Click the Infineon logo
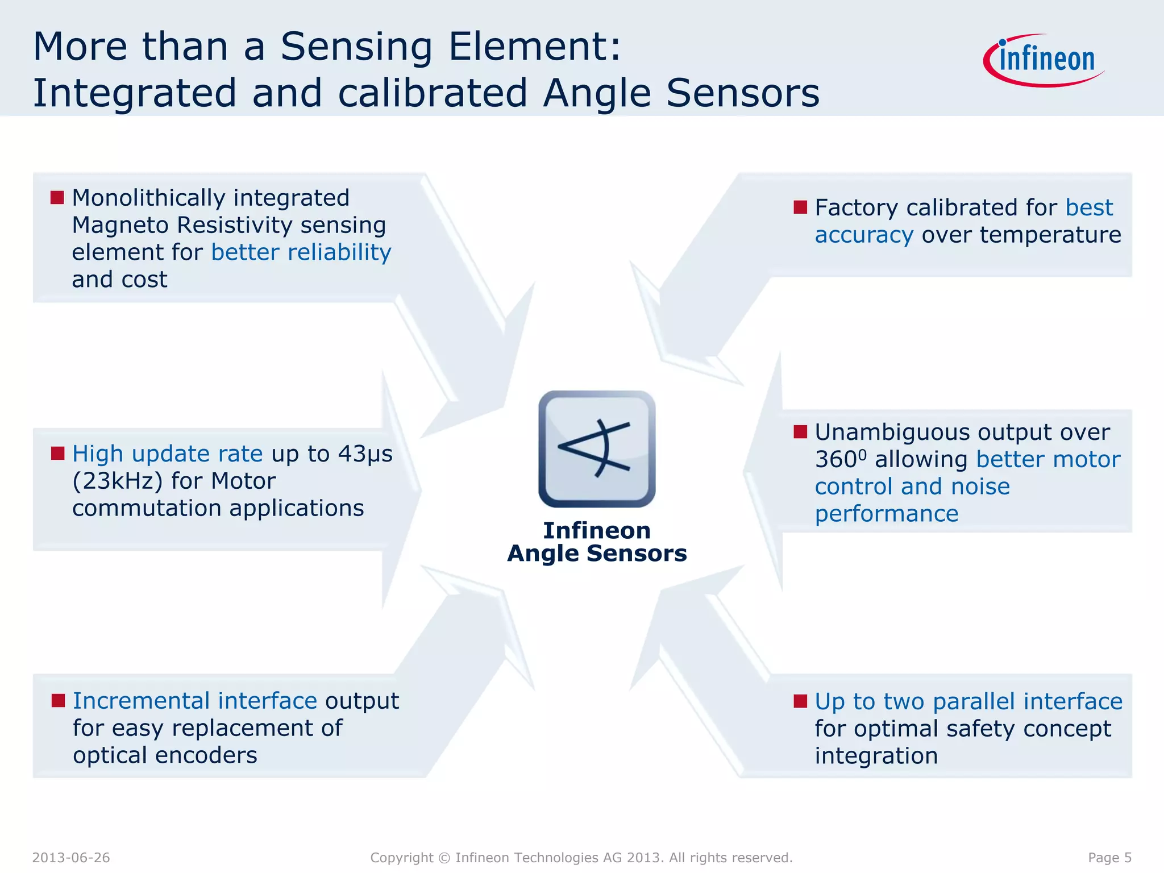(1045, 60)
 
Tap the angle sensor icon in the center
(597, 448)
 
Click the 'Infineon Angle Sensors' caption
(597, 542)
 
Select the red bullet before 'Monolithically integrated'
(57, 197)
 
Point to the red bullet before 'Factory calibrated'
(800, 207)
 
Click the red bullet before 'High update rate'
(57, 453)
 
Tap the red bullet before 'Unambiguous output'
(800, 432)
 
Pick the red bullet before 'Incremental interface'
(58, 700)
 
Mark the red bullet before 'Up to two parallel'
(800, 701)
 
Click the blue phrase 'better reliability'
(301, 252)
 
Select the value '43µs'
(365, 454)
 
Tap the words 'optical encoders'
(165, 755)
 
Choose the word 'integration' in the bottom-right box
(876, 756)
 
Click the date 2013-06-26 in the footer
(71, 858)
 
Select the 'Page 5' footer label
(1109, 858)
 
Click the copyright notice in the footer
(581, 858)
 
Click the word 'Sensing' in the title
(356, 46)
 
